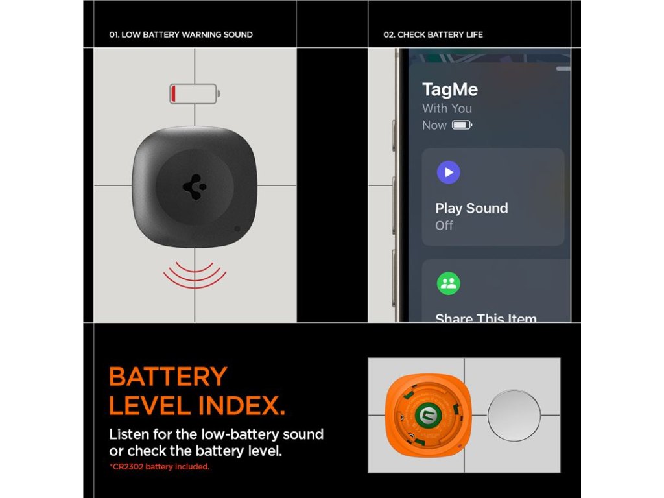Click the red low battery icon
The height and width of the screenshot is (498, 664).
pyautogui.click(x=195, y=93)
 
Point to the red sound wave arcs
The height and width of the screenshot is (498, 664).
pyautogui.click(x=195, y=275)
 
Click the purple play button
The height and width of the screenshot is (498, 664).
pyautogui.click(x=449, y=172)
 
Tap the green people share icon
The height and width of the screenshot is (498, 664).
pyautogui.click(x=449, y=283)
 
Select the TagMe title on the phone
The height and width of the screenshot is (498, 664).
pyautogui.click(x=450, y=89)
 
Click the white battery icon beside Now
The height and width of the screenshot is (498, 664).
pyautogui.click(x=462, y=125)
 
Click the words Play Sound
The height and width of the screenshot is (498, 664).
pyautogui.click(x=472, y=208)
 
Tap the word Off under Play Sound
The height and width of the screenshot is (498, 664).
pyautogui.click(x=444, y=225)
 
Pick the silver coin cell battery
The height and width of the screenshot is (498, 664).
pyautogui.click(x=514, y=416)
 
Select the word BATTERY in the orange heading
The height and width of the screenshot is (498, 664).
pyautogui.click(x=168, y=377)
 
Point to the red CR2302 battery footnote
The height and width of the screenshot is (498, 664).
pyautogui.click(x=160, y=467)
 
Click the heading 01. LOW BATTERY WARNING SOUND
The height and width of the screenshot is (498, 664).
pyautogui.click(x=181, y=35)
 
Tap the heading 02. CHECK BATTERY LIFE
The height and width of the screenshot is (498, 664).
pyautogui.click(x=433, y=35)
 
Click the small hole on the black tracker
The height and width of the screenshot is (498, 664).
pyautogui.click(x=237, y=229)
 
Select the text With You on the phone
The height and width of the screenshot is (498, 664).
pyautogui.click(x=447, y=108)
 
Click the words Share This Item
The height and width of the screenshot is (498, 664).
pyautogui.click(x=486, y=317)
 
